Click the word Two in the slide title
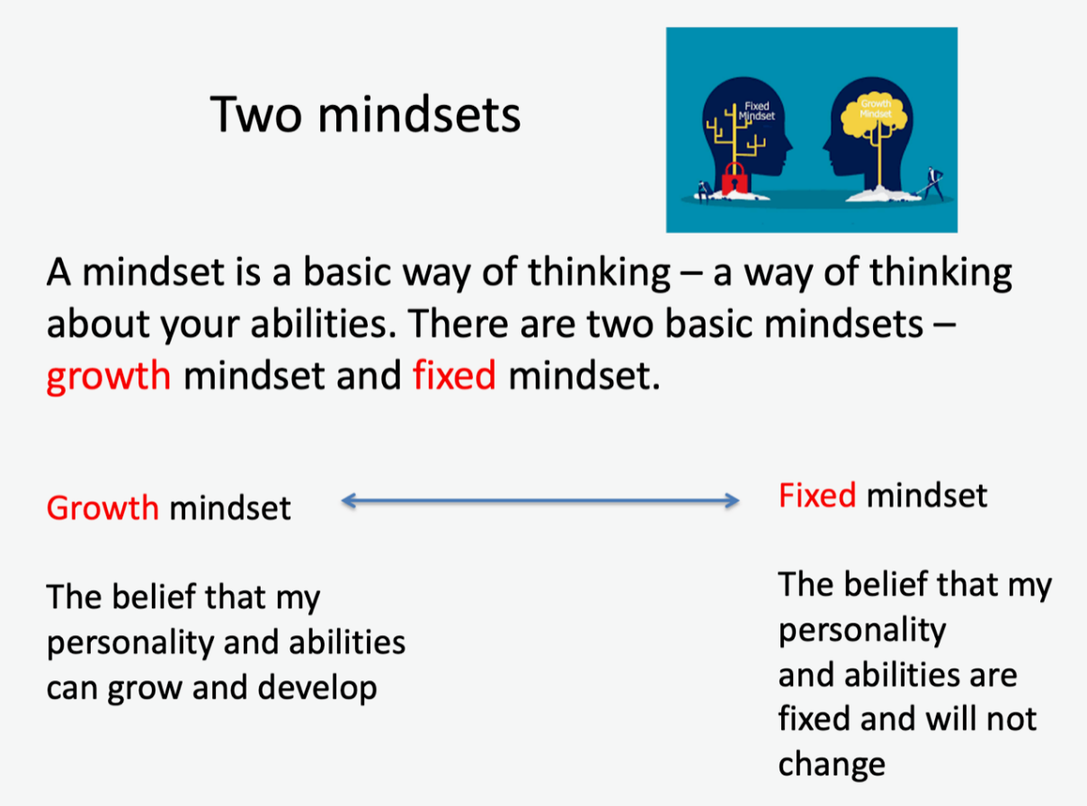256,115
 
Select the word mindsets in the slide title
419,114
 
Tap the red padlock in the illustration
735,178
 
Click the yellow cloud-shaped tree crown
874,116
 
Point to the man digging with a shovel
932,183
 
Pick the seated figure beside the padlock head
704,190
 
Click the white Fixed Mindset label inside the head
757,111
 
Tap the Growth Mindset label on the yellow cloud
876,109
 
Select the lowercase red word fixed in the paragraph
454,375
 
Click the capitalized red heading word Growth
102,508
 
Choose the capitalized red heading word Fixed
817,495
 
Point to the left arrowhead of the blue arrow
348,500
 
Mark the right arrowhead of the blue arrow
732,500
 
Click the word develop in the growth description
317,689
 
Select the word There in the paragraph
458,323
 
